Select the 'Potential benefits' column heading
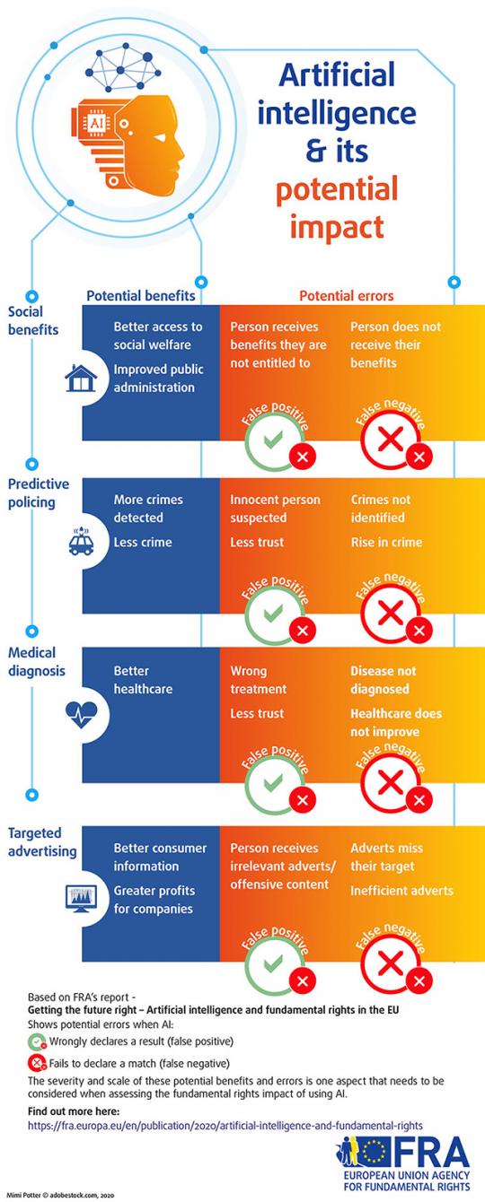point(140,295)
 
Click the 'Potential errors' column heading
point(346,295)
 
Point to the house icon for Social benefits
point(80,380)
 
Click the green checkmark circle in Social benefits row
point(269,440)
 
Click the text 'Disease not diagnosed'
point(384,680)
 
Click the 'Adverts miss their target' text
point(386,857)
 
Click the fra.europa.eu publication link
point(225,1125)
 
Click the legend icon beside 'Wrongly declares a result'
point(37,1041)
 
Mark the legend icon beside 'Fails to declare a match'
point(37,1063)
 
